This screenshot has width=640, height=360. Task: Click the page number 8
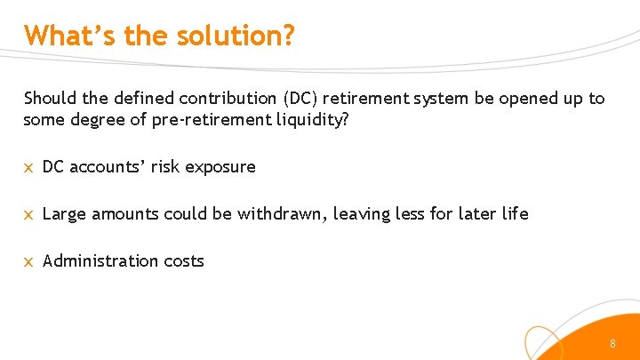click(612, 343)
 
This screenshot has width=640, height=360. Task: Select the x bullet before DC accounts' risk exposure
click(28, 167)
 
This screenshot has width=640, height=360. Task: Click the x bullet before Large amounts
click(28, 214)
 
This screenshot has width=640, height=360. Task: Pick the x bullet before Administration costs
click(28, 261)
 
